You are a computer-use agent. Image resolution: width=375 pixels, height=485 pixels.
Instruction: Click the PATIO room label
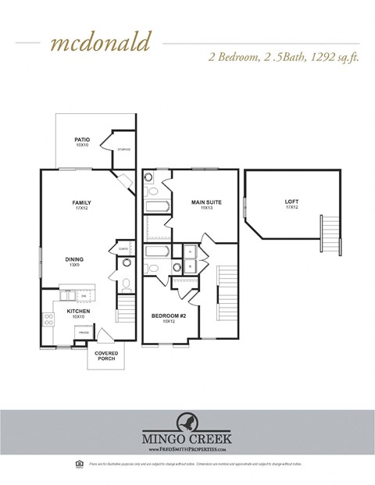82,140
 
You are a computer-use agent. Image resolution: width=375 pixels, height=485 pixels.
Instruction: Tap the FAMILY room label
82,202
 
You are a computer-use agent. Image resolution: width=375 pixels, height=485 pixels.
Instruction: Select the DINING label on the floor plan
74,259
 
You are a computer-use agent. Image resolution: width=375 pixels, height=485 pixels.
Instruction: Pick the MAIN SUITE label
206,202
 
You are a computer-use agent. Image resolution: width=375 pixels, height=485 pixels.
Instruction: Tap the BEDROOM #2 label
168,316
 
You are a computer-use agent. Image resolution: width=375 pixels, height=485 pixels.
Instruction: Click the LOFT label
291,202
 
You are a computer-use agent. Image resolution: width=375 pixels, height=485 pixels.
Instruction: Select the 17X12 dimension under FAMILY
82,209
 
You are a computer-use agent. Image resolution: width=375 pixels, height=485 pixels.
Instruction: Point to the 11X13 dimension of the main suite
206,209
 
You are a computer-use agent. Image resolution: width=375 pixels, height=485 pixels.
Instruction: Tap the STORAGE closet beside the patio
123,149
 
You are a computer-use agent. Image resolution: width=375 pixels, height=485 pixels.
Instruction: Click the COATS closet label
123,249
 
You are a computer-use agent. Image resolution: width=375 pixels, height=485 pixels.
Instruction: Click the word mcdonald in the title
99,42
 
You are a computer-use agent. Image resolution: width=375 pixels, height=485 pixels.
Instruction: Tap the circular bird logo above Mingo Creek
187,423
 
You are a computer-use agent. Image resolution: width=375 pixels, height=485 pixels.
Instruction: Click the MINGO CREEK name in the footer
187,440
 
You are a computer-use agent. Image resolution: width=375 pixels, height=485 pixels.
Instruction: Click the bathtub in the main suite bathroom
157,207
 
